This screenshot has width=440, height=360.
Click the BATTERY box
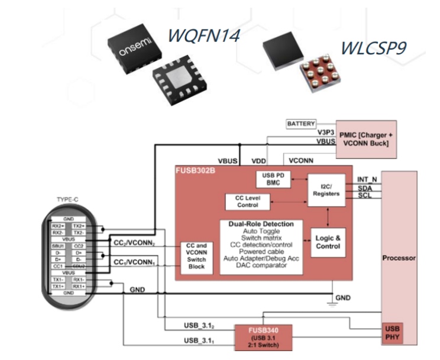(x=302, y=124)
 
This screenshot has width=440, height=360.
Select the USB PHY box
(x=392, y=333)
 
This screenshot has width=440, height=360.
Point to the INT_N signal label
(x=367, y=179)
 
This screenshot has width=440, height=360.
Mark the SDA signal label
(x=365, y=187)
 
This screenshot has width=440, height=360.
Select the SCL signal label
(x=365, y=195)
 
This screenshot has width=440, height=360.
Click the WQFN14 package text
(x=203, y=35)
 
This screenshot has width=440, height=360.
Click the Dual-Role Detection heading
(x=261, y=224)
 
